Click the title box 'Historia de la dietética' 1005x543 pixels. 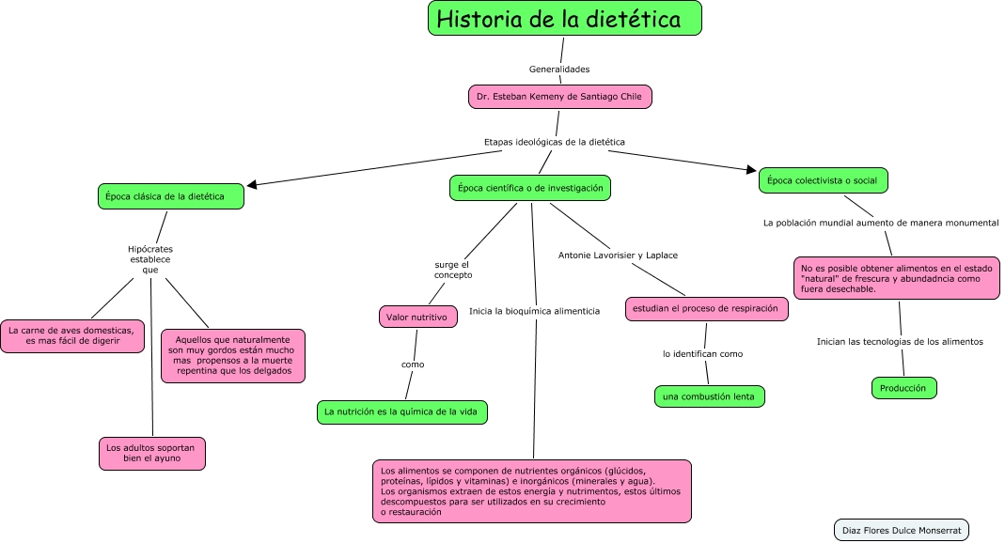[x=565, y=19]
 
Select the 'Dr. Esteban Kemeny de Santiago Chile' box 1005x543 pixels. [x=559, y=97]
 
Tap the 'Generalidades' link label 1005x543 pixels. [x=559, y=69]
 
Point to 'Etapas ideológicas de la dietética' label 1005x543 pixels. [x=554, y=142]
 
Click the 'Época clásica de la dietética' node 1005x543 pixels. [x=170, y=196]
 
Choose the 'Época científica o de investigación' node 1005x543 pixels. [x=530, y=188]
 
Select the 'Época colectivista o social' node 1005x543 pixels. [x=824, y=180]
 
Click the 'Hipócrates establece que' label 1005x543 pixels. [x=150, y=259]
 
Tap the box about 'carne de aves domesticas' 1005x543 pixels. [x=72, y=336]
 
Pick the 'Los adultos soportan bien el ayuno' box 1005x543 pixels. [x=151, y=453]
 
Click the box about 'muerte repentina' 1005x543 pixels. [x=233, y=356]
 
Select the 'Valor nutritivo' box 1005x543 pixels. [x=417, y=318]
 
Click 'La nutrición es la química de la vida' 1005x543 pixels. [x=402, y=411]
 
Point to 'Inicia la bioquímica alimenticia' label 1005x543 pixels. [x=534, y=311]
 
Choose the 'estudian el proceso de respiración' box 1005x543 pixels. [x=705, y=309]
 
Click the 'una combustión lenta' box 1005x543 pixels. [x=710, y=396]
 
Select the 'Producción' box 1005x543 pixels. [x=903, y=388]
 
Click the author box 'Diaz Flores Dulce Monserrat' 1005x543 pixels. [x=901, y=530]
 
